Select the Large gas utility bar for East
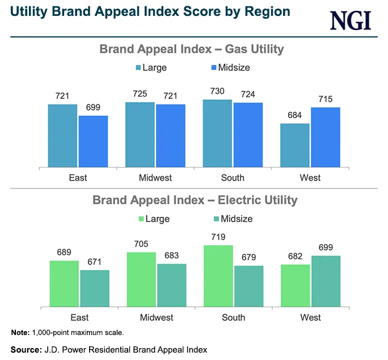click(62, 136)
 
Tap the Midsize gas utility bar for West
click(326, 137)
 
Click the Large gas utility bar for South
click(218, 133)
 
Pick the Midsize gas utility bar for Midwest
click(171, 136)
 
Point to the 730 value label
click(217, 92)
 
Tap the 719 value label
click(218, 238)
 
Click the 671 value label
click(94, 263)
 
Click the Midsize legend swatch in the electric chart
click(217, 219)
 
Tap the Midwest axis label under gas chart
click(155, 178)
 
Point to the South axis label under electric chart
click(233, 317)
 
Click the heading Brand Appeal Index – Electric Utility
click(195, 200)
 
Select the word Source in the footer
click(26, 349)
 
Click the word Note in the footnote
click(19, 332)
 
